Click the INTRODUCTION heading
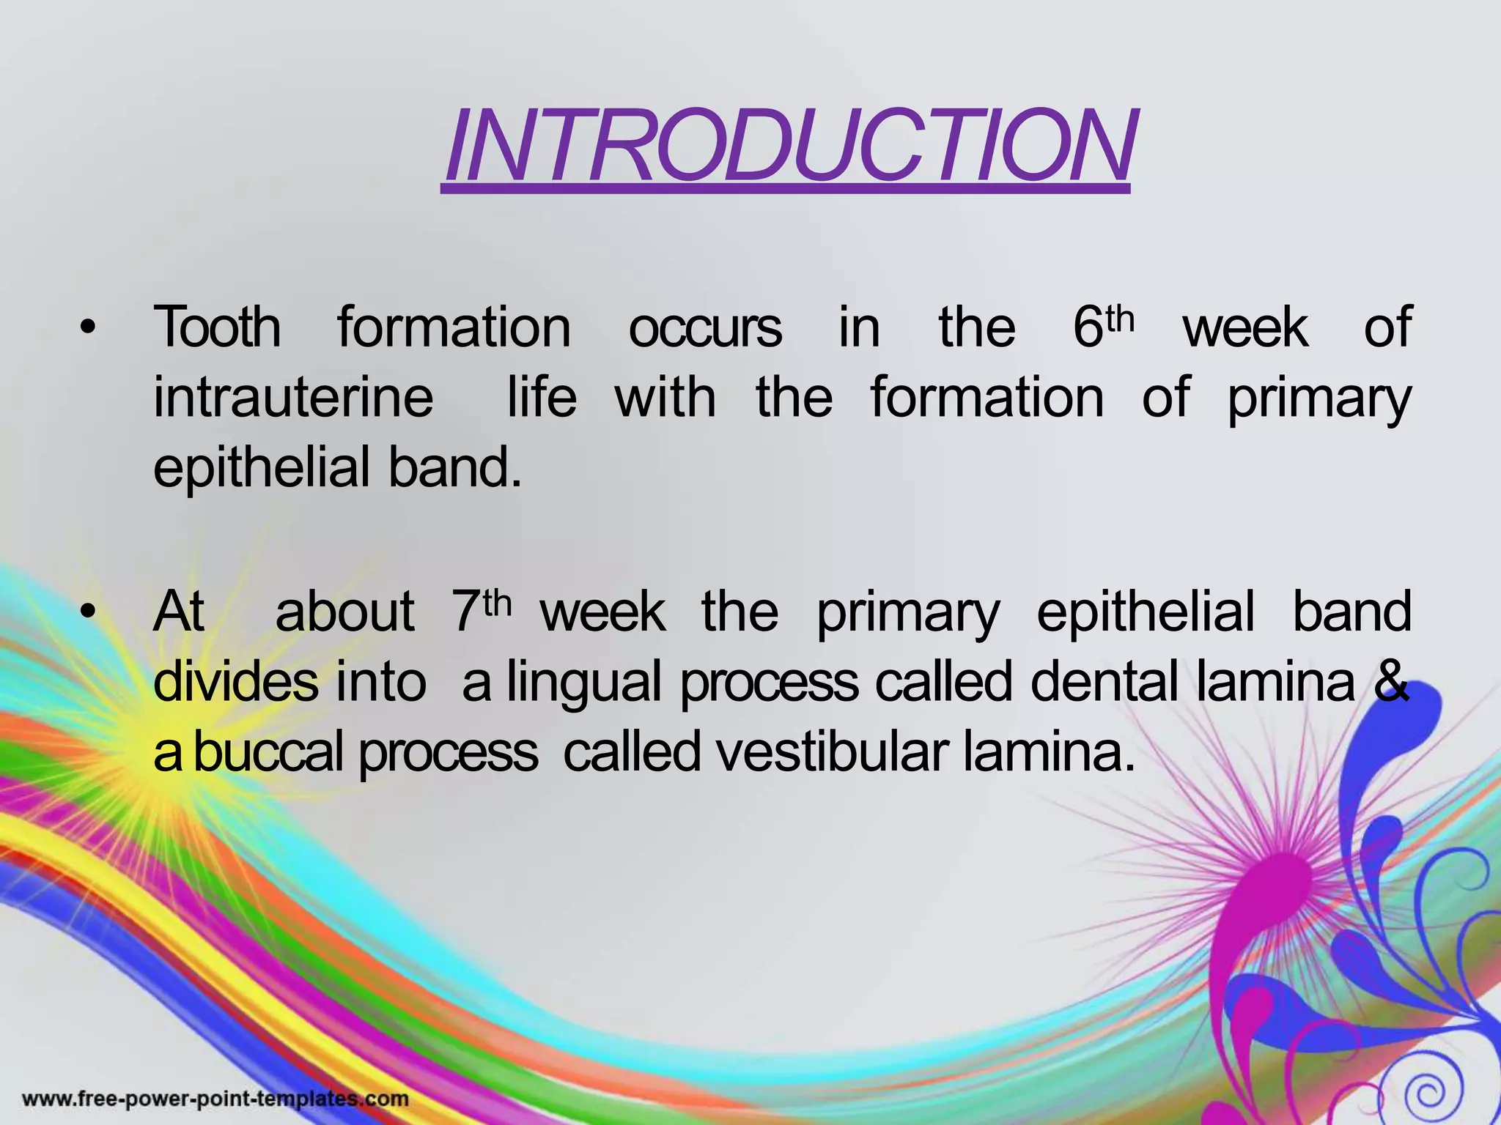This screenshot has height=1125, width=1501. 789,146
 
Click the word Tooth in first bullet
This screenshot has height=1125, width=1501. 217,327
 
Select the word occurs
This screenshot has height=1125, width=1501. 704,327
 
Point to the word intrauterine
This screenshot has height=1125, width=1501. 293,398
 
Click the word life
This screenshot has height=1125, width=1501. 542,398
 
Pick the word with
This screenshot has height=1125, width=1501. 665,398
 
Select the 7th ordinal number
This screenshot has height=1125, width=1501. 480,611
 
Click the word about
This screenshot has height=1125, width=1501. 344,612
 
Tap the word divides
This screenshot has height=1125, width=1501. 235,682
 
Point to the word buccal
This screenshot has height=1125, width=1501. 268,753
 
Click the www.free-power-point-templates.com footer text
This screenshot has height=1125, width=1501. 215,1099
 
